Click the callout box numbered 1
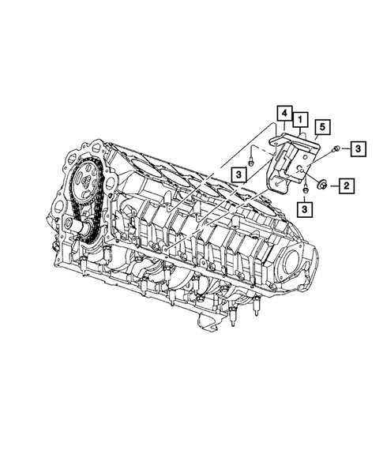pyautogui.click(x=301, y=120)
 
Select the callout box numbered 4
pyautogui.click(x=283, y=115)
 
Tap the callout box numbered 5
pyautogui.click(x=321, y=127)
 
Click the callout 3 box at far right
pyautogui.click(x=358, y=148)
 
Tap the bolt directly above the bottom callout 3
pyautogui.click(x=304, y=190)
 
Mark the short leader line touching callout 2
pyautogui.click(x=335, y=186)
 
